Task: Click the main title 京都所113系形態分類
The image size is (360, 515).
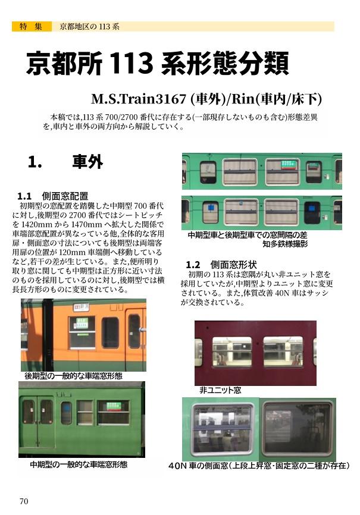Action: pos(157,62)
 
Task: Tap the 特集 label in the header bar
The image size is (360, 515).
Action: pos(30,27)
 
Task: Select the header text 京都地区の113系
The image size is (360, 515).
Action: pos(89,27)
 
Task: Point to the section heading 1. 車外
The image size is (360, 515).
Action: pos(65,162)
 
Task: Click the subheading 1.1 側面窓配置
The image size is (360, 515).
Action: pos(53,196)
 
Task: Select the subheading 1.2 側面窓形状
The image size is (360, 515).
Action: pos(221,264)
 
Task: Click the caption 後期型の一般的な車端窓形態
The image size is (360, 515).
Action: pos(73,376)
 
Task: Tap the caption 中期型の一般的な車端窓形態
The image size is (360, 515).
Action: pos(79,464)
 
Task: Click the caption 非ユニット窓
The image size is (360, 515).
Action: pos(220,390)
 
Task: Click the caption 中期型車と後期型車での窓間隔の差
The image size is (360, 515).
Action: pos(256,235)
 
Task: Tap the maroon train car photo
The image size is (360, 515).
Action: pos(255,353)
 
